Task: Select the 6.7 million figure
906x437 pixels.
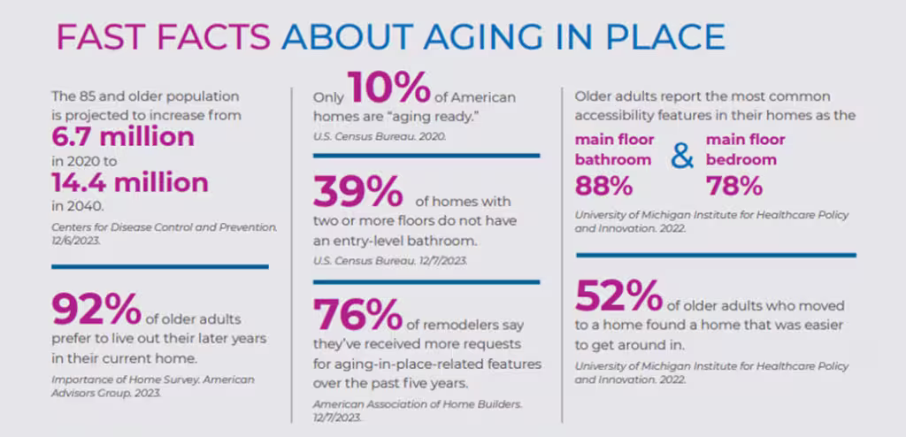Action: [x=122, y=137]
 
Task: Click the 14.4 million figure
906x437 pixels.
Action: [x=130, y=182]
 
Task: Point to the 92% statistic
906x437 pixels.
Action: [x=96, y=310]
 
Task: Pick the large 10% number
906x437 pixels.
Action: [x=388, y=88]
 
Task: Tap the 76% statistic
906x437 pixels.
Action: [x=357, y=315]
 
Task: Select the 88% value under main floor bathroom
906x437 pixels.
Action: [x=603, y=186]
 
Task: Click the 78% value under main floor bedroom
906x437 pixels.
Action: [x=734, y=186]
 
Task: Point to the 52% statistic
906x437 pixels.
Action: [x=618, y=295]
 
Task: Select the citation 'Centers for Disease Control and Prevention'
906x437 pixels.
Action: [x=164, y=227]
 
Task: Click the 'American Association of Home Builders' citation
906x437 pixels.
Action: [x=418, y=404]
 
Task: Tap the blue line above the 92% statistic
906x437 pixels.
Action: [x=160, y=266]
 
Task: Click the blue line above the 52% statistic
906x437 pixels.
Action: [x=716, y=255]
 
